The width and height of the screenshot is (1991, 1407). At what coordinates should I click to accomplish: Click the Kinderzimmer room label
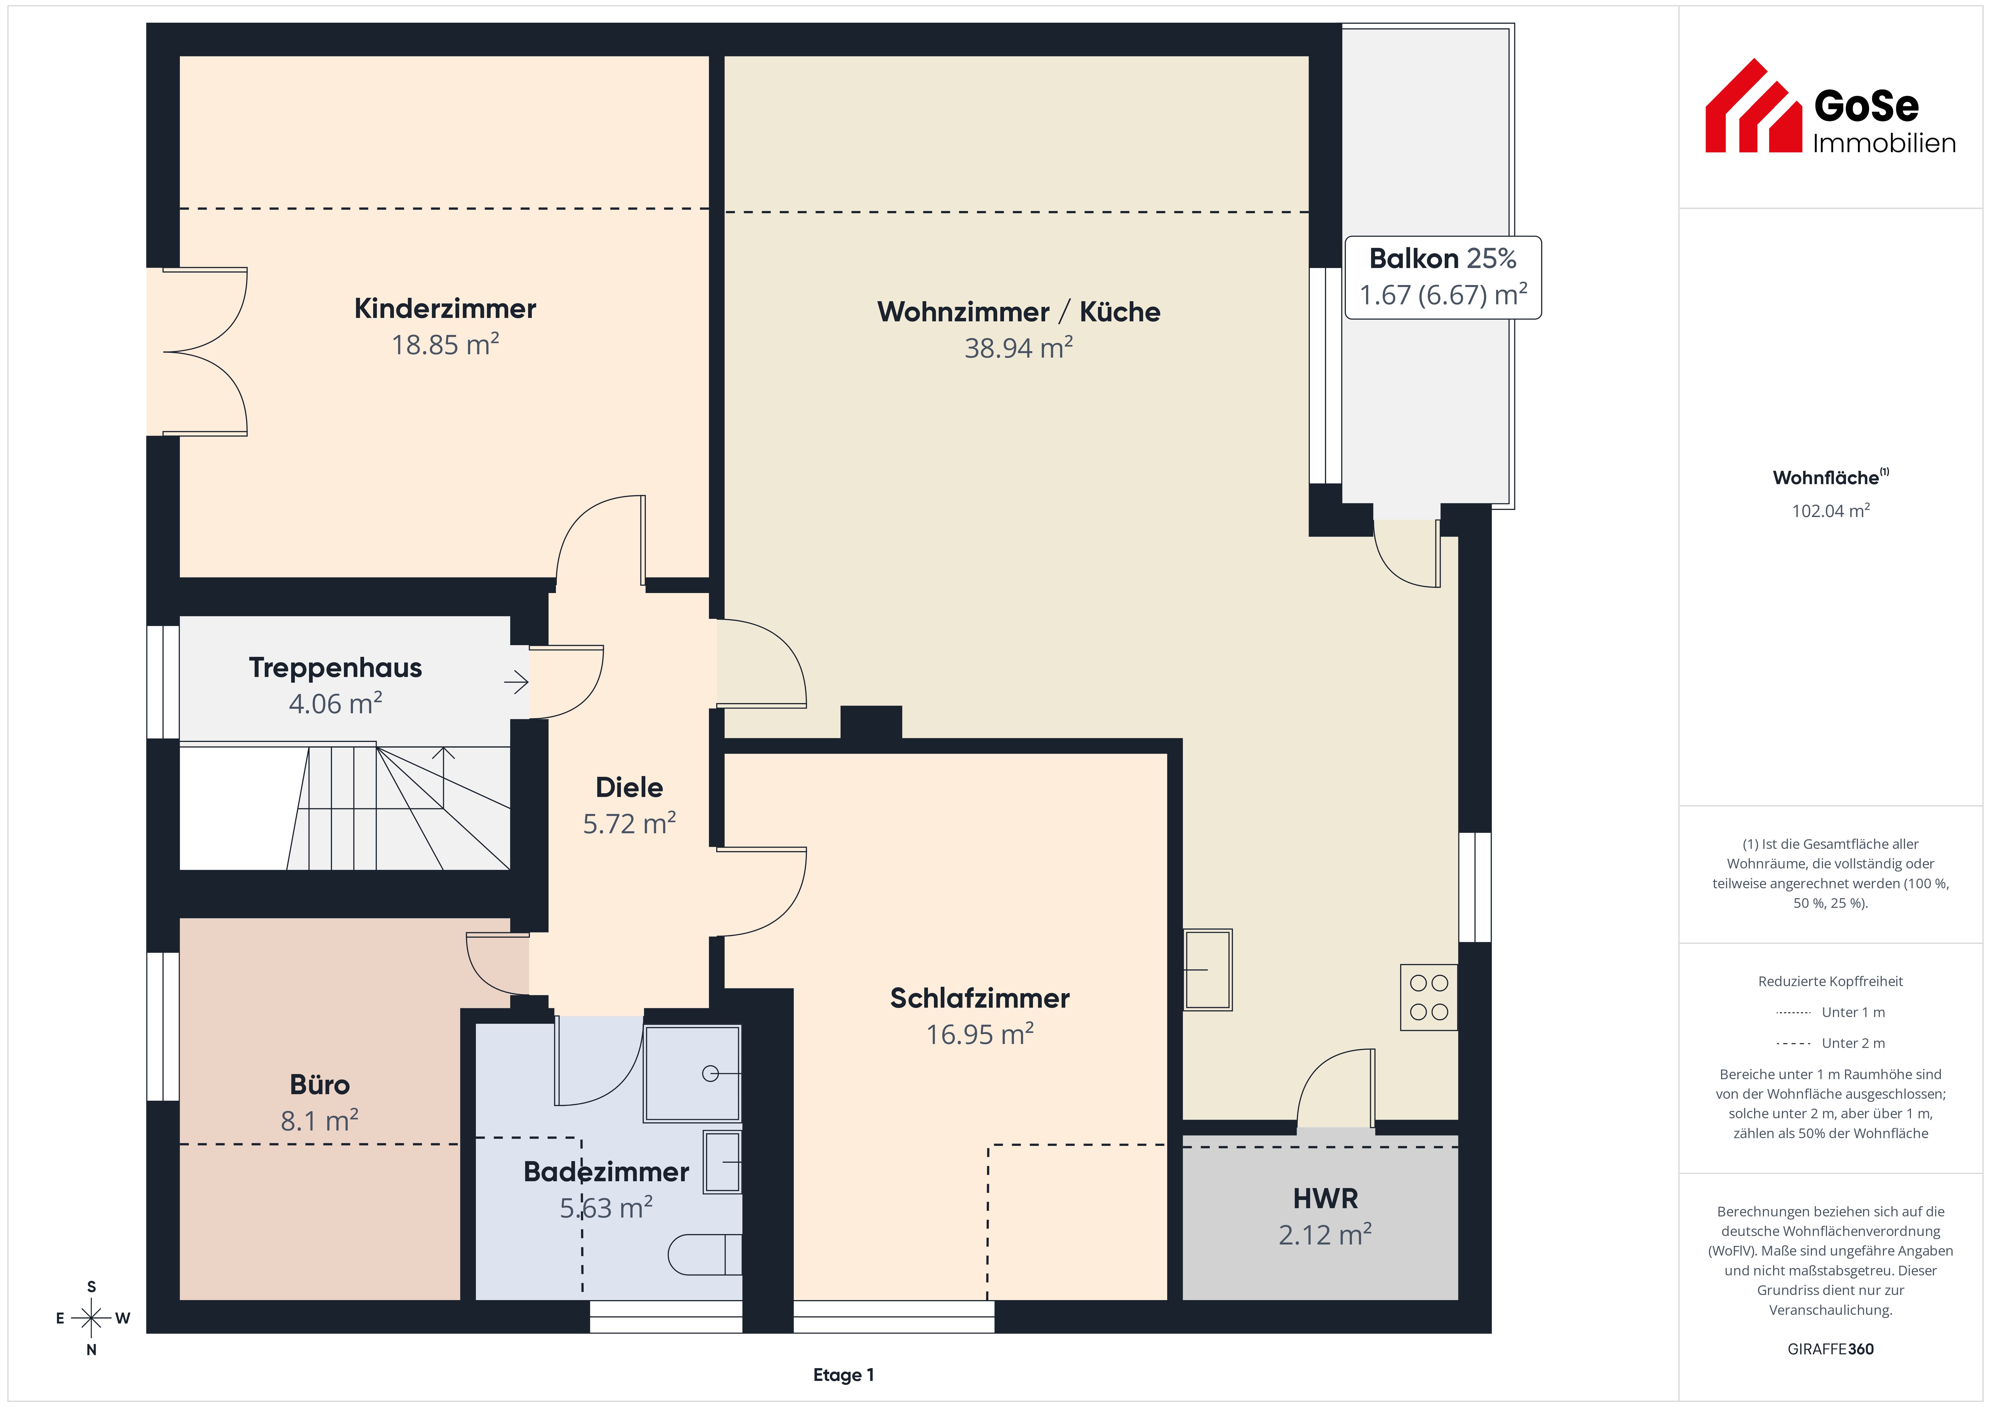pyautogui.click(x=445, y=309)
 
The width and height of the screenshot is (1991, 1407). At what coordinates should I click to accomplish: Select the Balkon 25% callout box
pyautogui.click(x=1443, y=277)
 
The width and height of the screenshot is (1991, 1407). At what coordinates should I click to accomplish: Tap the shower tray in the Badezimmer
pyautogui.click(x=692, y=1073)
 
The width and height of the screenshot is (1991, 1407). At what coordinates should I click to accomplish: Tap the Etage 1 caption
pyautogui.click(x=843, y=1375)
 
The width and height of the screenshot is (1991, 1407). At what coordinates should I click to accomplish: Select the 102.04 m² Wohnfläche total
pyautogui.click(x=1831, y=511)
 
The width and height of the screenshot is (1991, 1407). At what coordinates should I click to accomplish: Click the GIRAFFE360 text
pyautogui.click(x=1831, y=1349)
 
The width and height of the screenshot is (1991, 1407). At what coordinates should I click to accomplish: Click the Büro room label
pyautogui.click(x=320, y=1085)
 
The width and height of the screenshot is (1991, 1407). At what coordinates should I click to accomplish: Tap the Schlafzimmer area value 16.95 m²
pyautogui.click(x=980, y=1034)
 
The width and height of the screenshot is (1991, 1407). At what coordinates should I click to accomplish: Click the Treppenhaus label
pyautogui.click(x=336, y=668)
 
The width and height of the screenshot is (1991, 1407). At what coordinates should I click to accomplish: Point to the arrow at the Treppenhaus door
pyautogui.click(x=517, y=682)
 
